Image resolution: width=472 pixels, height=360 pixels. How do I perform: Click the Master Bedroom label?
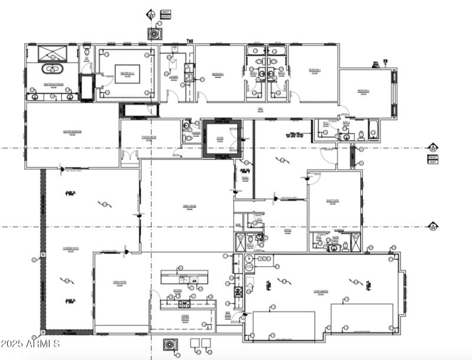tap(72, 132)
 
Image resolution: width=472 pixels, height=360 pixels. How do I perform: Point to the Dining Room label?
tap(120, 283)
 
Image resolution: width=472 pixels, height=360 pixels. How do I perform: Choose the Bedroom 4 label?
tap(364, 91)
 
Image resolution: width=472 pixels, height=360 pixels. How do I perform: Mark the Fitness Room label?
tap(149, 138)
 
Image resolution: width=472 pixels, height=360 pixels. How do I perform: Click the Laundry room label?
tap(173, 77)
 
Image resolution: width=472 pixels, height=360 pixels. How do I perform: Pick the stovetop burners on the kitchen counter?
tap(185, 305)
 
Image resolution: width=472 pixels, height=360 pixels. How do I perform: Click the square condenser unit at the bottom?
tap(170, 344)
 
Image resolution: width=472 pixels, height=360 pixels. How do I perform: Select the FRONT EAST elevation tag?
tap(434, 158)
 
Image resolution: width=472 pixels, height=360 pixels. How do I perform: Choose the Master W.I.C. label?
tap(127, 73)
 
